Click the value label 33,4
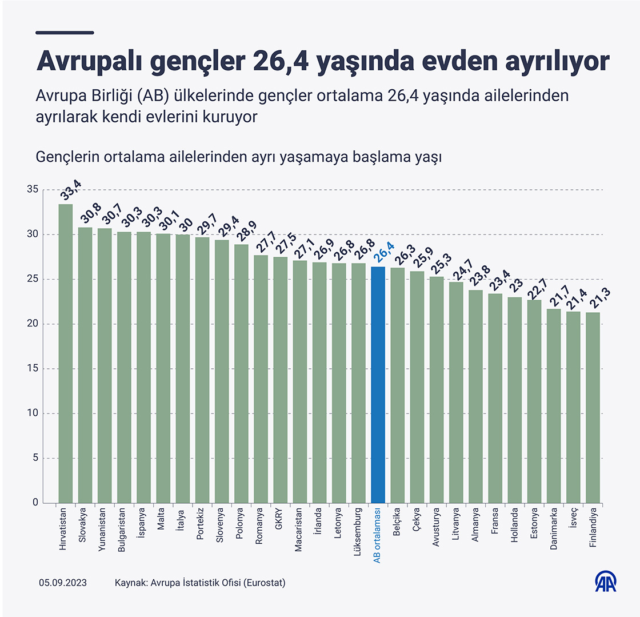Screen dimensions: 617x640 pos(71,190)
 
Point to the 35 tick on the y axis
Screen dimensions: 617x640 pos(32,190)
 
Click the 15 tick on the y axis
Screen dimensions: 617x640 pos(32,369)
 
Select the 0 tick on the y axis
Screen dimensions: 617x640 pos(35,503)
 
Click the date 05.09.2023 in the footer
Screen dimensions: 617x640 pos(62,583)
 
